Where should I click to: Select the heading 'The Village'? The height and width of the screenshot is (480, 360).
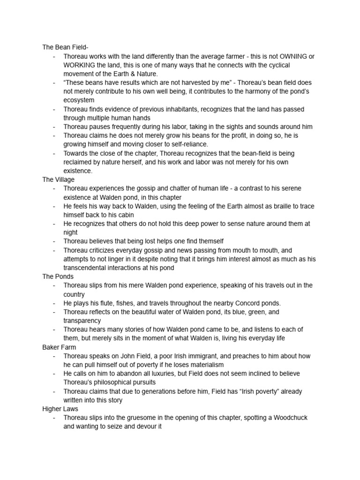59,180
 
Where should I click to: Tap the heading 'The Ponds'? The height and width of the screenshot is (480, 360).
58,277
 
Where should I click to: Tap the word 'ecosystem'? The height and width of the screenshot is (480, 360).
79,100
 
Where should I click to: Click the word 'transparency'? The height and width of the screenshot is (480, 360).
82,321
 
